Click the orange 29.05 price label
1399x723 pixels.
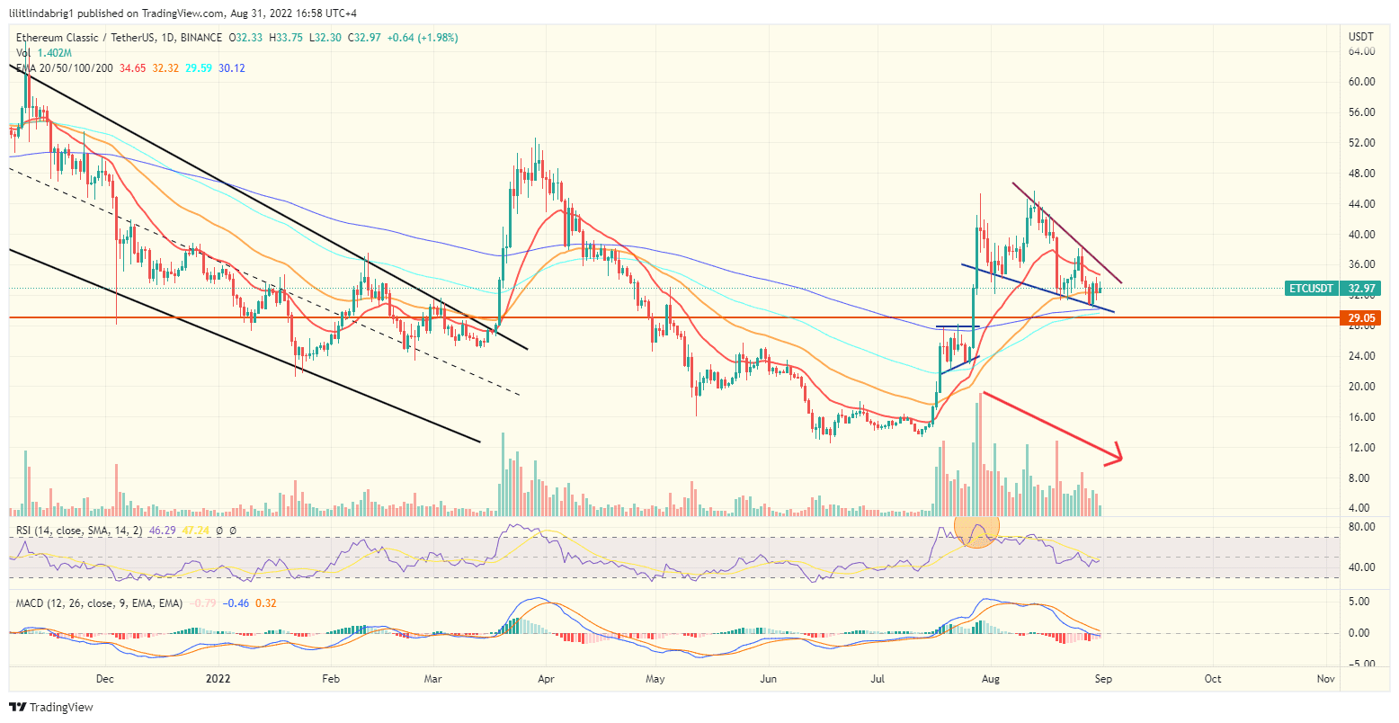click(1361, 318)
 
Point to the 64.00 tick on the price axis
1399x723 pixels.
click(1361, 51)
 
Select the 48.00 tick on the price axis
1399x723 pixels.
click(1361, 174)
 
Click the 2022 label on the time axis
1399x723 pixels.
click(219, 679)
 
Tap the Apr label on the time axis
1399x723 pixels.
click(546, 679)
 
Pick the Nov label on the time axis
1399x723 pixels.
click(1324, 679)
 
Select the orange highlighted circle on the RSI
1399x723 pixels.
click(976, 531)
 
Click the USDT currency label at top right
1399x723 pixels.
click(1360, 36)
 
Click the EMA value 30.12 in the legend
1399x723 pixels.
click(232, 68)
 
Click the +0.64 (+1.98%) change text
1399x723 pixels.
click(426, 38)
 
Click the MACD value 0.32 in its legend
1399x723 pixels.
click(265, 602)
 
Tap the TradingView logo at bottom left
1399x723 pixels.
click(51, 707)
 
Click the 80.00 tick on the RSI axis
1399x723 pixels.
click(1361, 526)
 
